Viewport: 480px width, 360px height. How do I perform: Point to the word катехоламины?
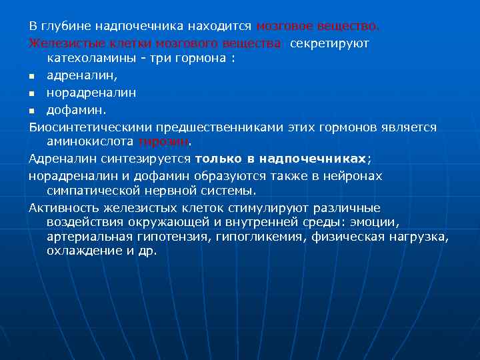pyautogui.click(x=88, y=59)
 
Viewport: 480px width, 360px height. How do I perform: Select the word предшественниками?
pyautogui.click(x=223, y=127)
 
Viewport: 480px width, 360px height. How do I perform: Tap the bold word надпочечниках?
pyautogui.click(x=312, y=159)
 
